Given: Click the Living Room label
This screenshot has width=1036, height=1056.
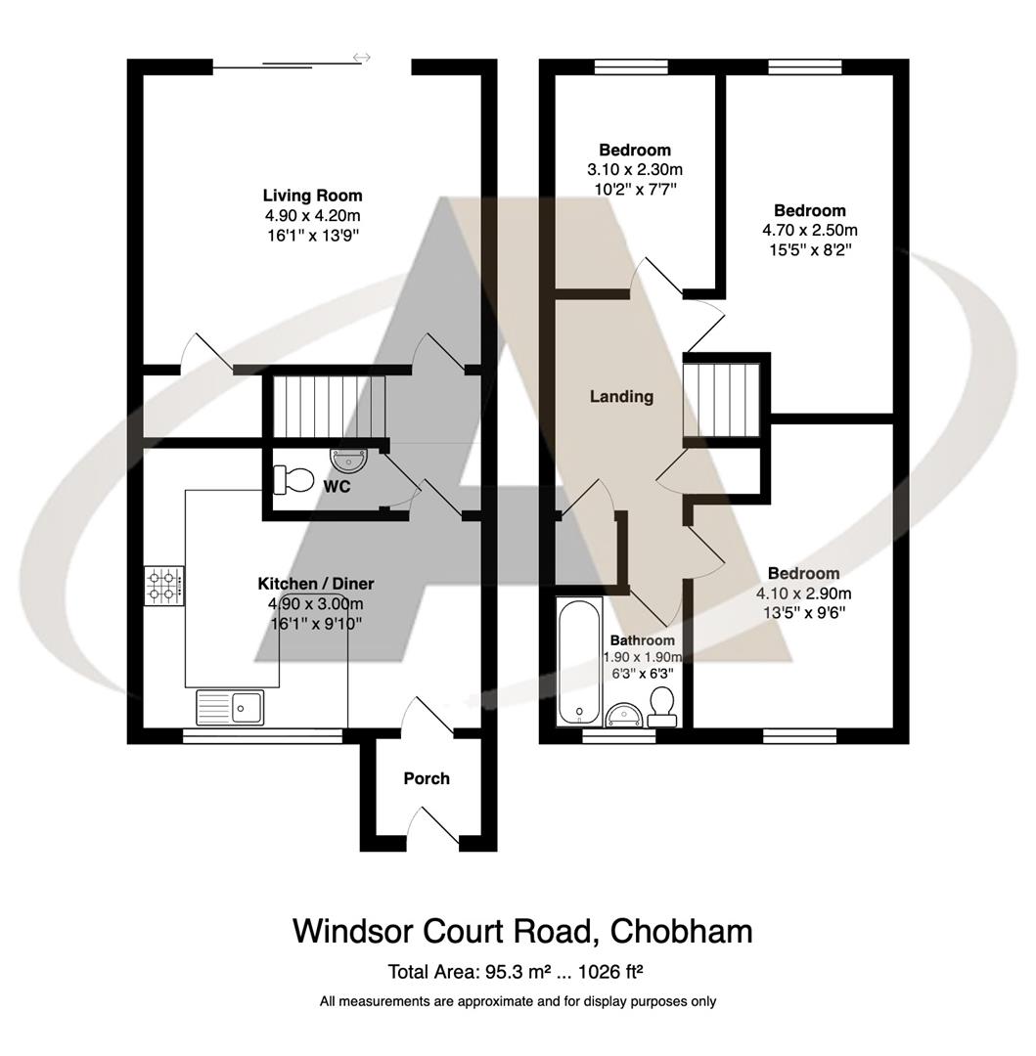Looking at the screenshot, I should [312, 196].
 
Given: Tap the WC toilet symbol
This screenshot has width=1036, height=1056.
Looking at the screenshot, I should [294, 479].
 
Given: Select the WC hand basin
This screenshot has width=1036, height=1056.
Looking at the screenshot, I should [347, 458].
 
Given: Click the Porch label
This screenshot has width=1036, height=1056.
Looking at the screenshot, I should [427, 778].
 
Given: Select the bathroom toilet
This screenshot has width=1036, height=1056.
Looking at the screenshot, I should [663, 706].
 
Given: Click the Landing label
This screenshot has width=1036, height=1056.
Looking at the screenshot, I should [621, 397].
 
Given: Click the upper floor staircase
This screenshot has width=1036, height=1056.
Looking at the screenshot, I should [722, 400].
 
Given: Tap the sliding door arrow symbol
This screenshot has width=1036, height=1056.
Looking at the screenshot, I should [362, 59].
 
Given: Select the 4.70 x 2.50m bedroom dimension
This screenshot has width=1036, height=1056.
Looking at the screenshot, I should [810, 231].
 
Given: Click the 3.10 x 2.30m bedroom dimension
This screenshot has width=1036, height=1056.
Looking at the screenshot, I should [635, 169].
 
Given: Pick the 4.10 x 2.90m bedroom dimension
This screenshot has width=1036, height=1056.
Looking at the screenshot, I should [803, 594].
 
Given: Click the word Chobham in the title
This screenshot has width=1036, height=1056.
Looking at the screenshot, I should [681, 931].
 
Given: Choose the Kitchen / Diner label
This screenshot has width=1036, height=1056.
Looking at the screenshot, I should [315, 584].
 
